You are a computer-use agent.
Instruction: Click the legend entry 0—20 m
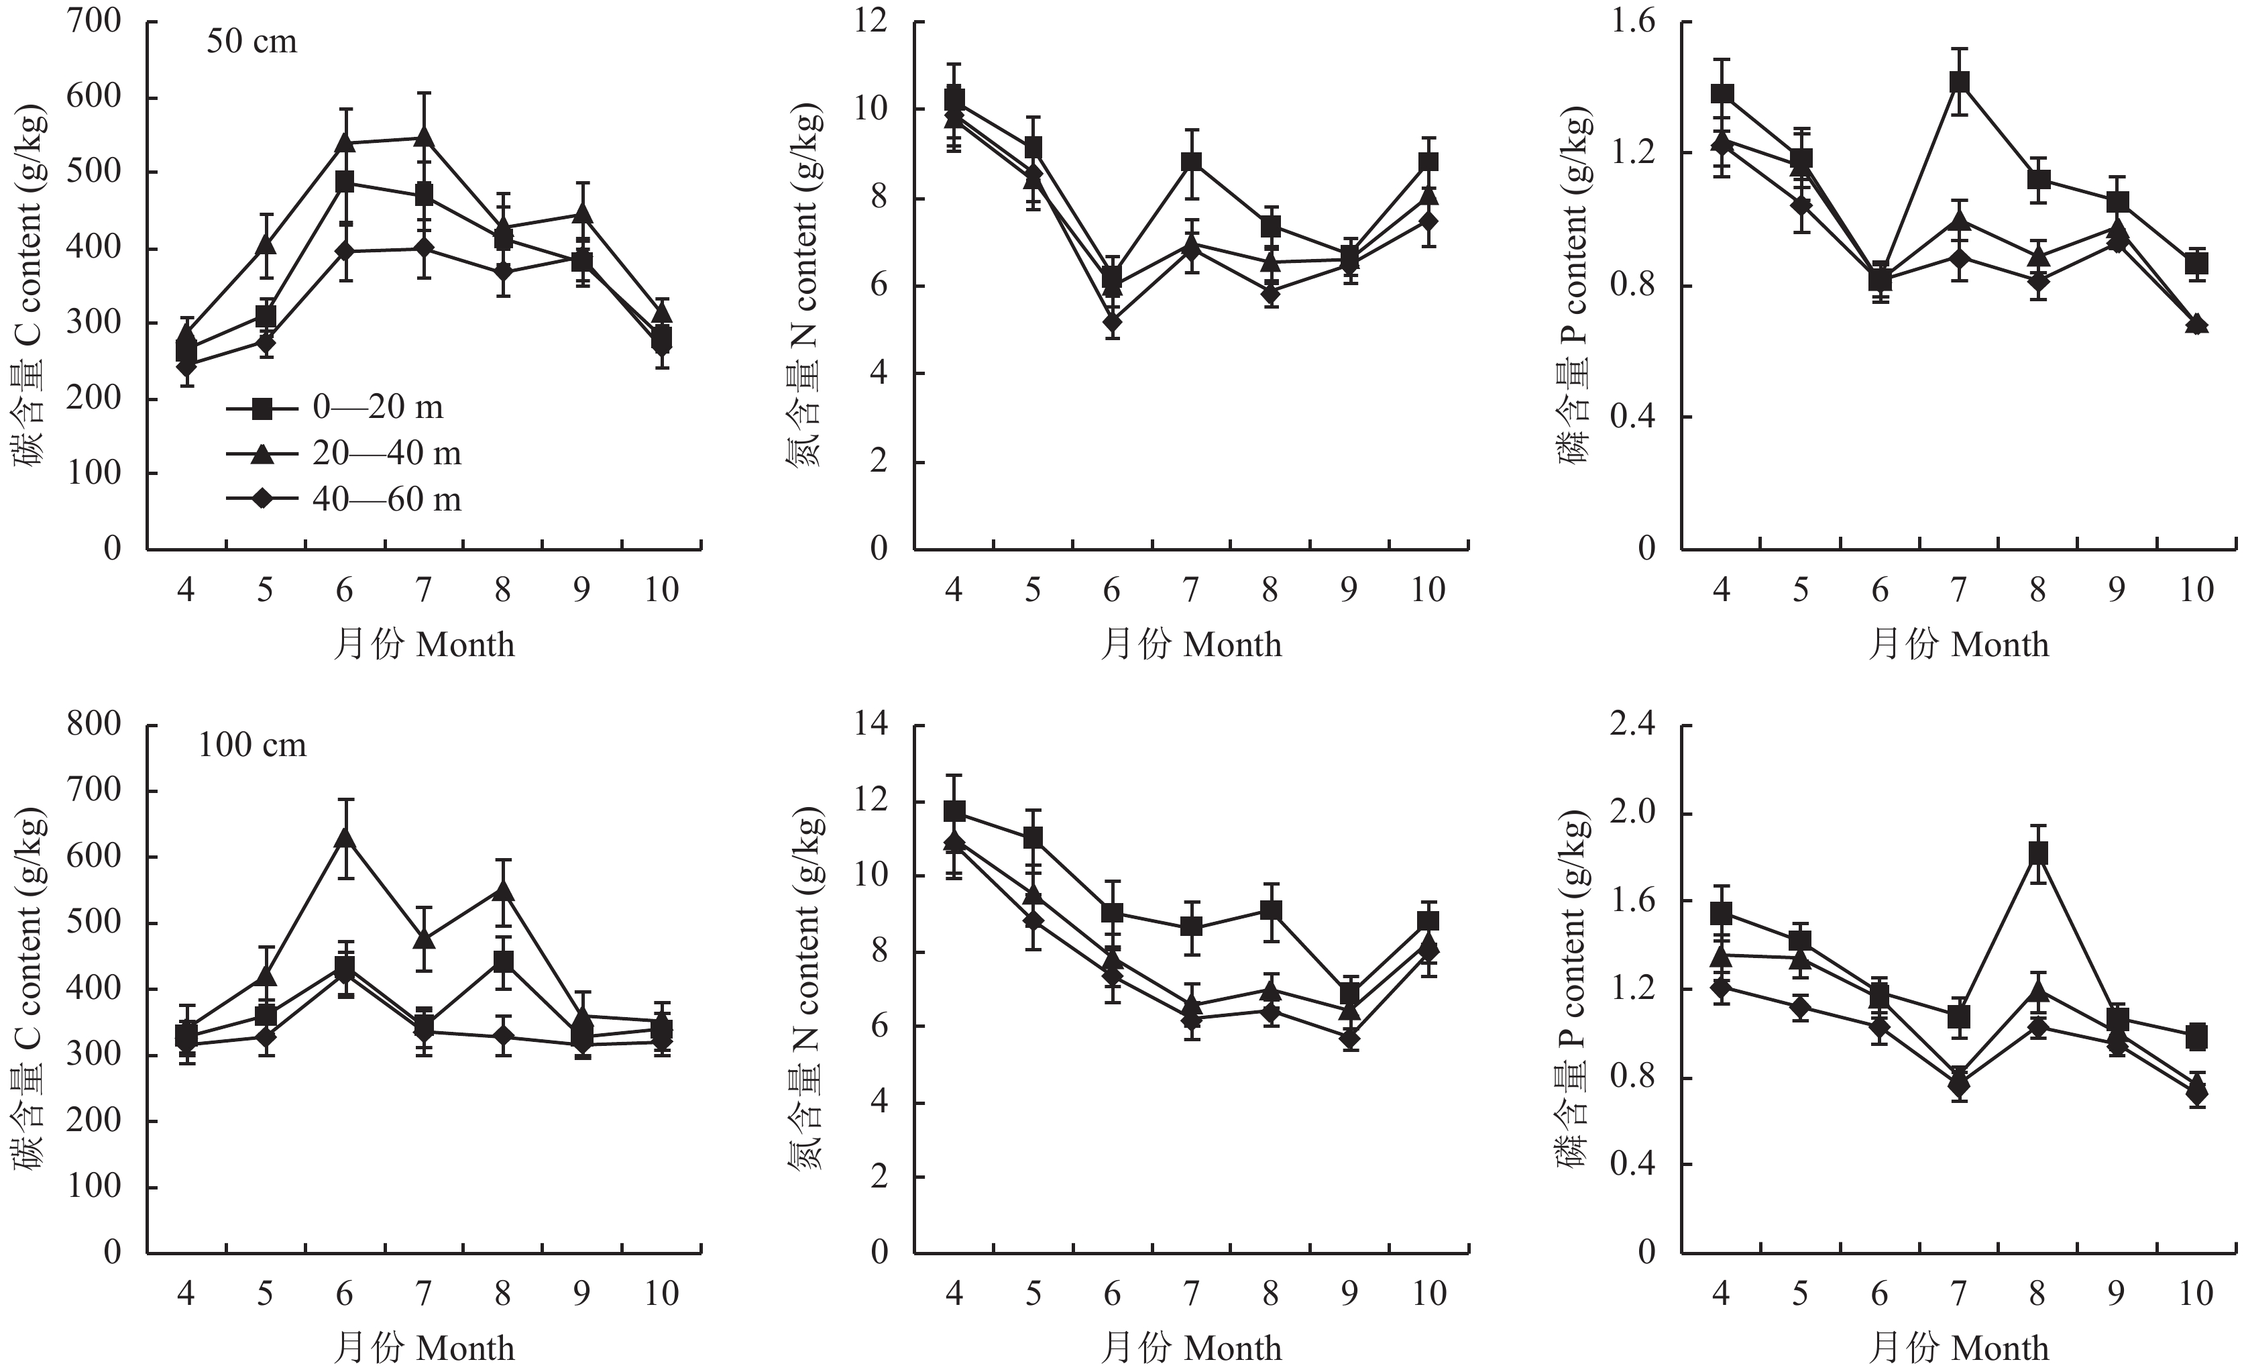(377, 407)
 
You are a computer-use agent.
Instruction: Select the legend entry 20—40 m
(386, 453)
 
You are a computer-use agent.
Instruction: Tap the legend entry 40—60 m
(386, 499)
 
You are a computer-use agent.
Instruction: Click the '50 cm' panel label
(251, 42)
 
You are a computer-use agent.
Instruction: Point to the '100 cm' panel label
(252, 745)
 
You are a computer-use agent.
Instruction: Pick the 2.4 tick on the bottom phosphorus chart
(1633, 725)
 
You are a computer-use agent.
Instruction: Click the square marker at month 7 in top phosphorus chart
(1960, 82)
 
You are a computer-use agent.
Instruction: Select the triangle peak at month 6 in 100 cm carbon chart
(344, 837)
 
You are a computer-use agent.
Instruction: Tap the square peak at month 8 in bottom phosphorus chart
(2038, 853)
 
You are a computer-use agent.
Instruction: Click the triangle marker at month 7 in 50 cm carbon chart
(423, 138)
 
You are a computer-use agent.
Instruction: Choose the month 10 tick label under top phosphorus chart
(2196, 590)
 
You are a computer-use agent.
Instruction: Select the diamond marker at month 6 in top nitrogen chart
(1112, 321)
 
